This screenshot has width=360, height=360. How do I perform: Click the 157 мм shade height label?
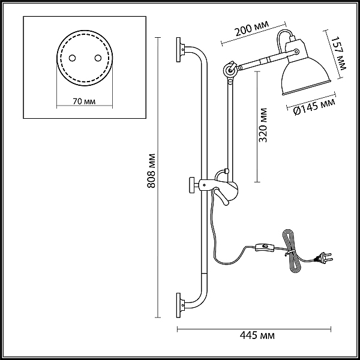click(x=340, y=52)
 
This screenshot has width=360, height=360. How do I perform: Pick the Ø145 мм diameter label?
click(x=314, y=107)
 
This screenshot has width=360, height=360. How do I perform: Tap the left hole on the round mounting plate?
click(x=71, y=58)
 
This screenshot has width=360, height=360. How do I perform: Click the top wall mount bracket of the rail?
click(x=180, y=49)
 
